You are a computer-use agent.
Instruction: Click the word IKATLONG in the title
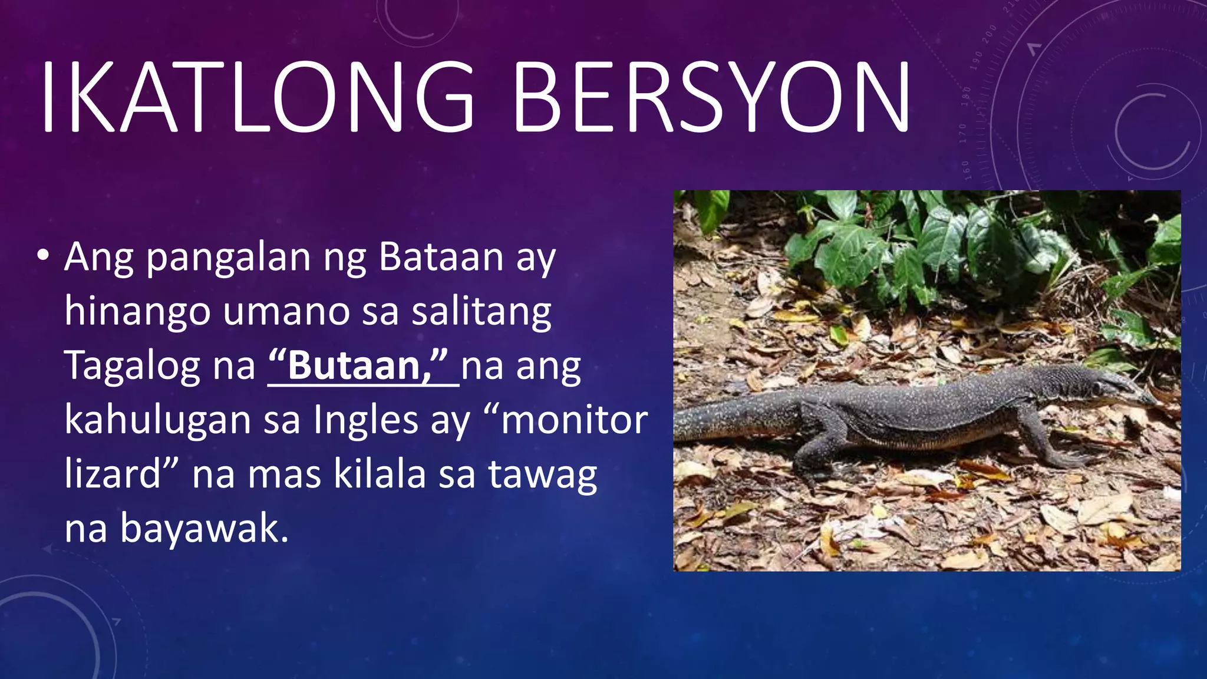click(x=256, y=97)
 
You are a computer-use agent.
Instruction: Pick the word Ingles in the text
click(x=367, y=420)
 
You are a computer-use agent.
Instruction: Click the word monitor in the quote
click(x=574, y=420)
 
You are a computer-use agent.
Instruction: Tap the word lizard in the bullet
click(x=113, y=474)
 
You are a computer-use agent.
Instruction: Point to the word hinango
click(x=137, y=311)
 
